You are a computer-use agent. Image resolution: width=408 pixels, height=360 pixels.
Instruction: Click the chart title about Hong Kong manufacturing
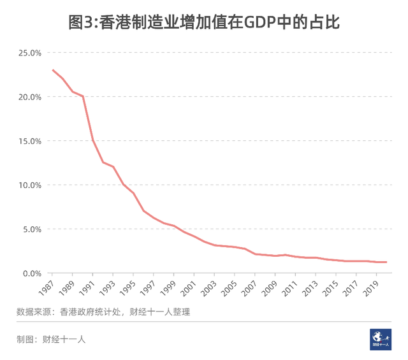[x=204, y=23]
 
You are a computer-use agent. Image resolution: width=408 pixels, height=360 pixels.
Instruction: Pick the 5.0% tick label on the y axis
[x=31, y=229]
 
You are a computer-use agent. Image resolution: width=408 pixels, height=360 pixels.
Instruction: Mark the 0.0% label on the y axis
[x=31, y=273]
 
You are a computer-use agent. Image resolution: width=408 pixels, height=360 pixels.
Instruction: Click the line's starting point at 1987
[x=53, y=70]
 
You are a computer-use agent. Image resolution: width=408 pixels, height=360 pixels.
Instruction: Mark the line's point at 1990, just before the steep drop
[x=83, y=96]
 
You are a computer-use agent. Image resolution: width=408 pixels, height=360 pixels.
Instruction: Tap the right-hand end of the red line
[x=386, y=262]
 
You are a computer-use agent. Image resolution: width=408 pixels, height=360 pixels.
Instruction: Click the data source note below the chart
[x=103, y=312]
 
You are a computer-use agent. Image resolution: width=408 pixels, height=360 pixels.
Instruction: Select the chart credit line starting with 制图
[x=51, y=340]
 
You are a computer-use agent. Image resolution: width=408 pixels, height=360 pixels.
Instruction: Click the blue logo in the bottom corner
[x=381, y=338]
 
